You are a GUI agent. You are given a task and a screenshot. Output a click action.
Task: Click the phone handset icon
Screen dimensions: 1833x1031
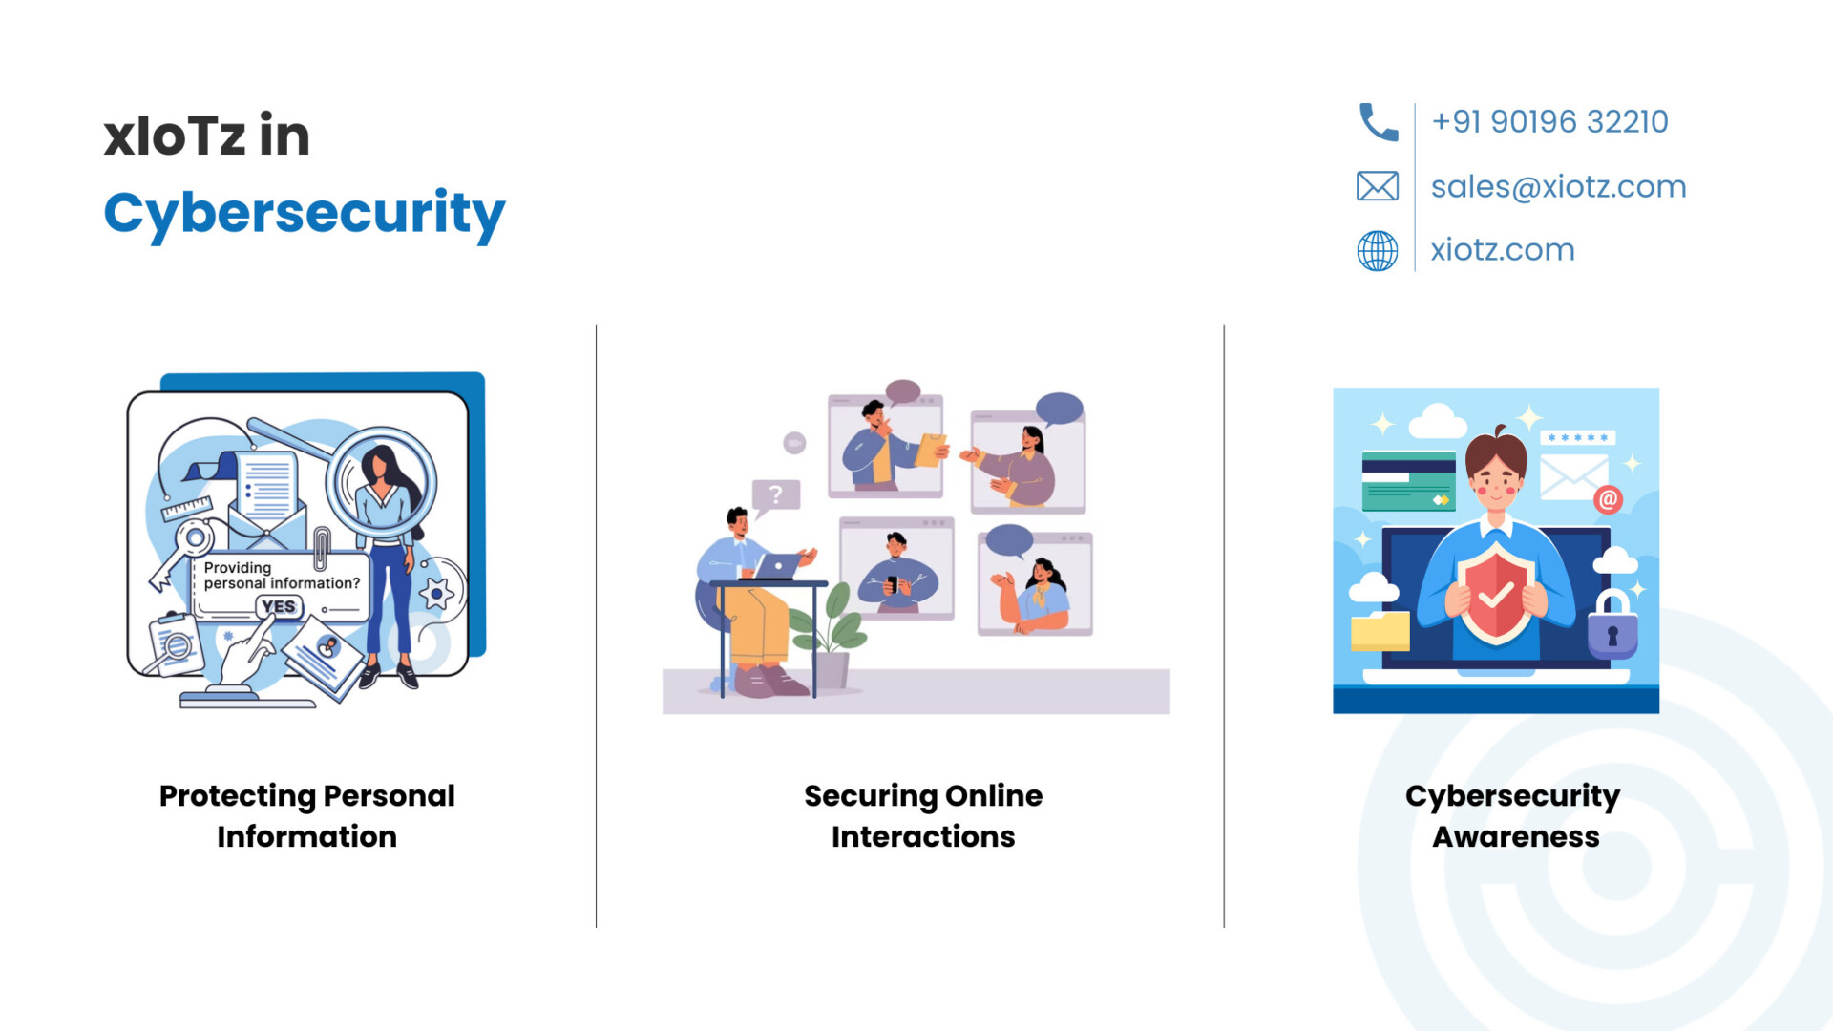[1378, 122]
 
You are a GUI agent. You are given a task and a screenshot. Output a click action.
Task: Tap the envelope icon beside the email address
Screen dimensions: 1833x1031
[1378, 186]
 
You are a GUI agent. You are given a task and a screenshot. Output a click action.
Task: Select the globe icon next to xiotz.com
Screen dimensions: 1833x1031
[1378, 250]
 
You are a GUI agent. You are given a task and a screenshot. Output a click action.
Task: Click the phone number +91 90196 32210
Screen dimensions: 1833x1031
[1549, 122]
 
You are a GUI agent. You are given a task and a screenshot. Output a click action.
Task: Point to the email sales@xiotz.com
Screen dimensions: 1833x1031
[1558, 186]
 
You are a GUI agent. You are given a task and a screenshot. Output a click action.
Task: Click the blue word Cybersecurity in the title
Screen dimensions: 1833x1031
[305, 214]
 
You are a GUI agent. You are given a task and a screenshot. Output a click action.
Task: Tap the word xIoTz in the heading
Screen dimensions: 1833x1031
[175, 136]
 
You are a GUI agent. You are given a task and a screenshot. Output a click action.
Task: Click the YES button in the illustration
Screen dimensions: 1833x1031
[279, 606]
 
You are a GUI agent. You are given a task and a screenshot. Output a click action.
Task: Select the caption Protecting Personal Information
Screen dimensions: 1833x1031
[306, 816]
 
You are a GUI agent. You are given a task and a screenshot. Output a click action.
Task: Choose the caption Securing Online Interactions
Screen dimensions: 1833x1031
[923, 816]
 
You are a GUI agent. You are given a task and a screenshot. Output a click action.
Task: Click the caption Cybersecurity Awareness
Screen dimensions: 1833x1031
[1513, 816]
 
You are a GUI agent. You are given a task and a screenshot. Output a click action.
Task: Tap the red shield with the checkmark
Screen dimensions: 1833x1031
[1496, 594]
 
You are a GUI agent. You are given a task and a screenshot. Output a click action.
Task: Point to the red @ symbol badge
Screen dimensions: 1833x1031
[1608, 499]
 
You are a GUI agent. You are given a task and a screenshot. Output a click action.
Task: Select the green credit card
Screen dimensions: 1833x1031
[1408, 480]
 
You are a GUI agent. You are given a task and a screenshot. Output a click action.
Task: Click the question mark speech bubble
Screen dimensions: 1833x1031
[775, 495]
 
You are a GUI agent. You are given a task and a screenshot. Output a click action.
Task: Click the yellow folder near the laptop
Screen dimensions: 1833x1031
[1380, 632]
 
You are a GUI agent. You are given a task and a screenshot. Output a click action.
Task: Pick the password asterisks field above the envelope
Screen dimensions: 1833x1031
[1577, 437]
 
